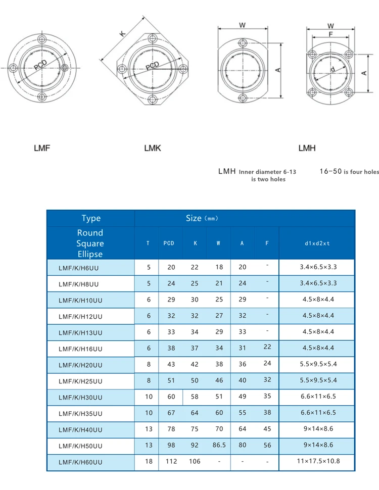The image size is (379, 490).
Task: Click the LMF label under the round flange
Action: point(42,148)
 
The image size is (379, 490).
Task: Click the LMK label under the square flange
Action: point(152,148)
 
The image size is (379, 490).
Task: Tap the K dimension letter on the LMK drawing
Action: point(121,33)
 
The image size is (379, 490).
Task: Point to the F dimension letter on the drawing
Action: point(330,34)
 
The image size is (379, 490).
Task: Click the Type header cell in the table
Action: point(91,218)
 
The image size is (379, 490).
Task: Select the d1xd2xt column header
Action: point(317,243)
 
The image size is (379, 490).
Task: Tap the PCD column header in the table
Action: point(169,243)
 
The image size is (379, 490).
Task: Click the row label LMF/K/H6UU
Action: point(80,268)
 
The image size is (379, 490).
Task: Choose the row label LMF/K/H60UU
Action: point(80,462)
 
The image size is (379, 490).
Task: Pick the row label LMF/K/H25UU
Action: point(80,381)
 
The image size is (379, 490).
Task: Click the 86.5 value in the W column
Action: point(218,445)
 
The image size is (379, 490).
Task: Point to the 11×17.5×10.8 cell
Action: point(317,461)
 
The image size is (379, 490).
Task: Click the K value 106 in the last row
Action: point(194,461)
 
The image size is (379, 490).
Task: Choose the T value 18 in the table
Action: point(149,461)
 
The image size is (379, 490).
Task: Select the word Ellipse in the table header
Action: point(90,254)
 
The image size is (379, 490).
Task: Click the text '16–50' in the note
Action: point(330,172)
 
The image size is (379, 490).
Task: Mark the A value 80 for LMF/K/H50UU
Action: point(243,445)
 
